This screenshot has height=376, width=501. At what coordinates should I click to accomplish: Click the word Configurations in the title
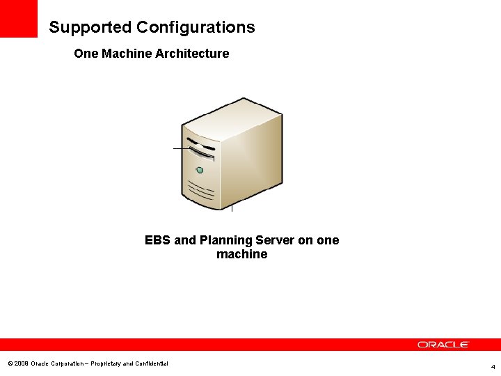(x=196, y=28)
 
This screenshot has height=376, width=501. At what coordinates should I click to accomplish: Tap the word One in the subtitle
(x=86, y=54)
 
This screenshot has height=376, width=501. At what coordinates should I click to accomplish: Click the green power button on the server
(x=200, y=170)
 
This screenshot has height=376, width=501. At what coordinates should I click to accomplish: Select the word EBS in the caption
(x=158, y=240)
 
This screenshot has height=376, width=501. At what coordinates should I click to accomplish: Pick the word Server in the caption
(x=275, y=240)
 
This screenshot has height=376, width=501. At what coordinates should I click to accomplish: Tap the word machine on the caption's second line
(x=241, y=255)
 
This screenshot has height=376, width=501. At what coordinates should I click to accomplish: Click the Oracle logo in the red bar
(x=443, y=345)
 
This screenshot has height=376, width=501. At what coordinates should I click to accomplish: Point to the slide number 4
(x=493, y=366)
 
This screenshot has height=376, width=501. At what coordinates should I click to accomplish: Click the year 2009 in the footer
(x=21, y=363)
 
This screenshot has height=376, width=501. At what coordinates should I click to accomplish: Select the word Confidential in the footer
(x=150, y=363)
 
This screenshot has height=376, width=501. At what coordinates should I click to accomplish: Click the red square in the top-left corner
(x=18, y=18)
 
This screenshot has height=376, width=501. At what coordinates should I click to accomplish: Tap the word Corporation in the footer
(x=67, y=363)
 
